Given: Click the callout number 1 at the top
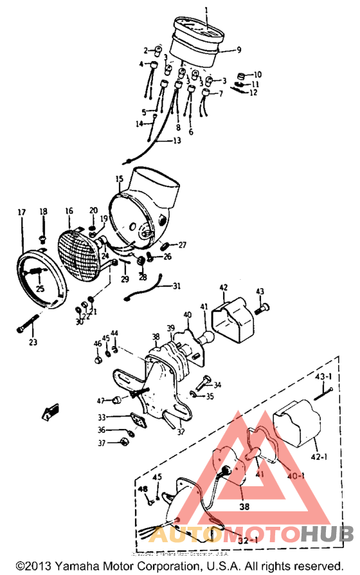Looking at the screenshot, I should point(206,10).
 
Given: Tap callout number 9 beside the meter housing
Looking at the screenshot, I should point(239,50).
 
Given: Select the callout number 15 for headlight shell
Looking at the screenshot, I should point(119,178).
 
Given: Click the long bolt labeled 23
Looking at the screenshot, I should point(26,325).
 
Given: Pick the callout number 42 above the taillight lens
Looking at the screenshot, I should point(224,287).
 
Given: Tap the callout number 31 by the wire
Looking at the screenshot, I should point(176,286).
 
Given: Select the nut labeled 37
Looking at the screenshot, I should point(122,442).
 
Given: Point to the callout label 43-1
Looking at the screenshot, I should point(323,376).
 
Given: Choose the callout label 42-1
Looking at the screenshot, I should point(319,458).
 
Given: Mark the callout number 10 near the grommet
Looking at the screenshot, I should point(257,74).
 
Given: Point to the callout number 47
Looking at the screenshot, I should point(101,401).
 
